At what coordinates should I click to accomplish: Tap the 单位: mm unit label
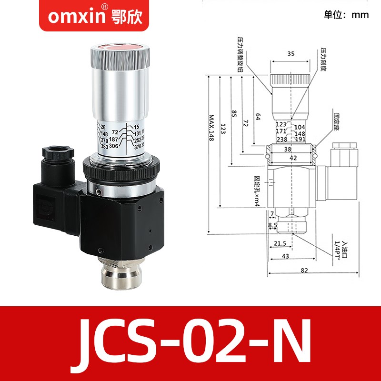tap(346, 15)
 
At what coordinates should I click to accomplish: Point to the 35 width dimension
tap(291, 54)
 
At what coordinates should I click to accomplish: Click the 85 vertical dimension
tap(233, 114)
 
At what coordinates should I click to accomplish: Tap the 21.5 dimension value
tap(281, 244)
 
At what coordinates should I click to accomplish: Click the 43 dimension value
tap(286, 256)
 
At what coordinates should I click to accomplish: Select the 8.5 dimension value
tap(272, 225)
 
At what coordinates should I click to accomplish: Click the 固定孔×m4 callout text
tap(257, 190)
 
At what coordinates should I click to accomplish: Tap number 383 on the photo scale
tap(103, 148)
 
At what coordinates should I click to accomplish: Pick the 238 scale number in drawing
tap(281, 140)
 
